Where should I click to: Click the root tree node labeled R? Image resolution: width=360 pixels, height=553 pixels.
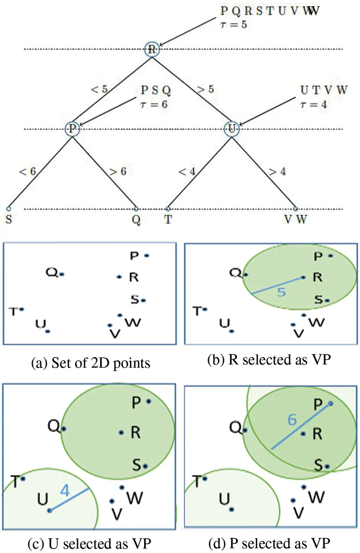coord(152,49)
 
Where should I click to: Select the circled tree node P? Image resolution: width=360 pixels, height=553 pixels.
coord(72,128)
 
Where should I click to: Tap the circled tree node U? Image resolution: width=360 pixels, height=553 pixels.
coord(232,128)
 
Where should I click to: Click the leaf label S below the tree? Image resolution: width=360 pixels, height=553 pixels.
coord(9,219)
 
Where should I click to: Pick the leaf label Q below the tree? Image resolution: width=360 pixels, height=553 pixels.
coord(136,220)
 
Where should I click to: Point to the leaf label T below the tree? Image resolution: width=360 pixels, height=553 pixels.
coord(168,219)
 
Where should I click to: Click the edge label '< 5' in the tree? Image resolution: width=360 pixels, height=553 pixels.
coord(99,89)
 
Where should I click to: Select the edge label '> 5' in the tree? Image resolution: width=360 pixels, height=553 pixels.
coord(205,89)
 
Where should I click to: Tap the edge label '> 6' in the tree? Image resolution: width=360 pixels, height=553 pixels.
coord(118,171)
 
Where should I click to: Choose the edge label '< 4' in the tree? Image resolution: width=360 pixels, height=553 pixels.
coord(187,171)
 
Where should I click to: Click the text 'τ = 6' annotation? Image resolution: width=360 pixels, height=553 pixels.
coord(154,105)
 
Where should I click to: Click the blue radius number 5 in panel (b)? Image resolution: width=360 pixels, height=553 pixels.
coord(281,292)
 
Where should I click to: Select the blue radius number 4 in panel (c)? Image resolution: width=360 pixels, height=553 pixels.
coord(65,490)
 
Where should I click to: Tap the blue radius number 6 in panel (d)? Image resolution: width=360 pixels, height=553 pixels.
coord(292,420)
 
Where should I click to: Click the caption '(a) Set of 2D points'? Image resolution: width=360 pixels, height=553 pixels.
coord(91,363)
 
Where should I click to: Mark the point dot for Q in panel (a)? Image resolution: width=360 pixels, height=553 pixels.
coord(62,274)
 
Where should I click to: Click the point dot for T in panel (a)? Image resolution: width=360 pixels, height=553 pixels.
coord(22,309)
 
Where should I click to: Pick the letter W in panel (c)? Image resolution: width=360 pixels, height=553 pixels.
coord(135,497)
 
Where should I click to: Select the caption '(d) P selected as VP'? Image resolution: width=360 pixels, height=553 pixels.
coord(269,543)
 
